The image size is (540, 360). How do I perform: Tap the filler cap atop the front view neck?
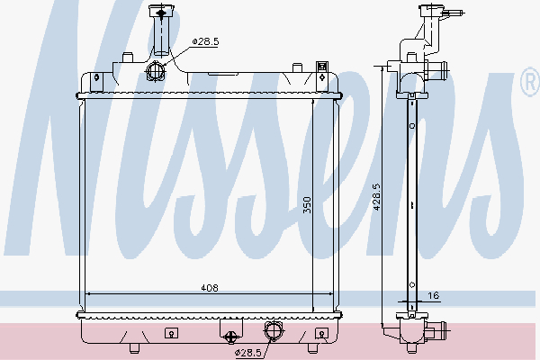[x=162, y=13]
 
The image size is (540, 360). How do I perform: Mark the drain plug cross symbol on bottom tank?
[x=230, y=337]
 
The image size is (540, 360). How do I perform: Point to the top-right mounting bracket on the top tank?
[x=322, y=67]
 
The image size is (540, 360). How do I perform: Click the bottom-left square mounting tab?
[x=168, y=332]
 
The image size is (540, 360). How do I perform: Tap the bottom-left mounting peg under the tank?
[x=133, y=347]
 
